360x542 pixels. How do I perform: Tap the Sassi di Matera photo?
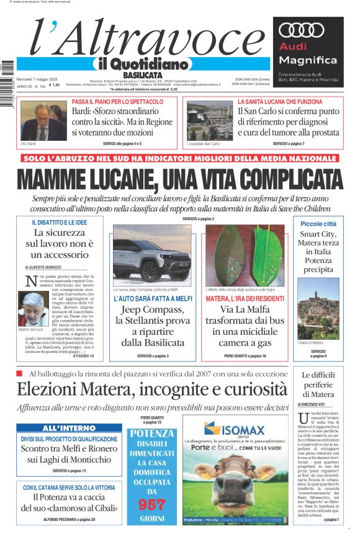click(x=318, y=309)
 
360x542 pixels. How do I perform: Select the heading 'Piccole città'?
click(x=318, y=223)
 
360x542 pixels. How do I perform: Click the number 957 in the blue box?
click(x=151, y=503)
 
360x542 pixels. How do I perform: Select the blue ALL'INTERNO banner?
click(x=69, y=428)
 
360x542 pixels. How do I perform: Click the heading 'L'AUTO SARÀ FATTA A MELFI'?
click(x=152, y=299)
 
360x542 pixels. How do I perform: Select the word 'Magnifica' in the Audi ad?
click(x=307, y=60)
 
